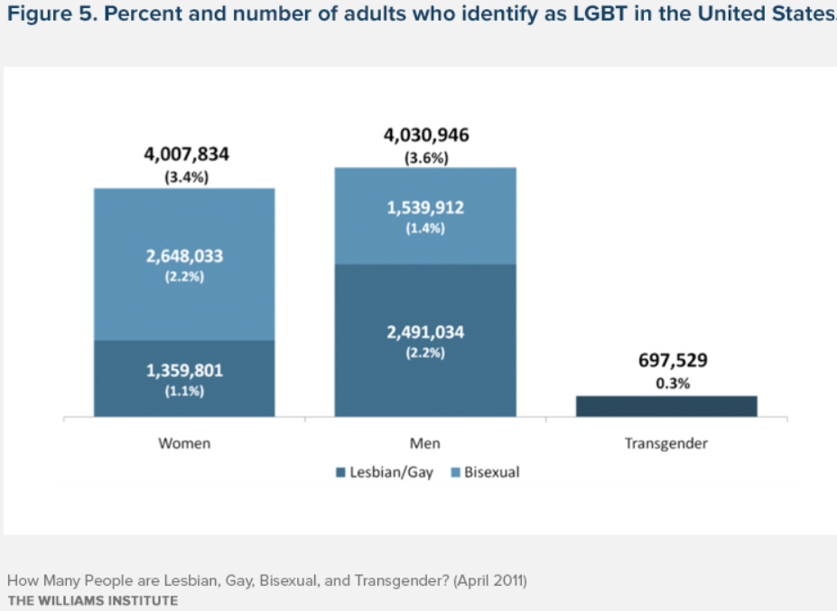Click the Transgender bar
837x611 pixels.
point(665,406)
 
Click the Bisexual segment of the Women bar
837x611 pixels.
point(184,298)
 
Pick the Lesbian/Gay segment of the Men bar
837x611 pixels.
point(425,379)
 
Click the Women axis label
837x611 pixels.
point(184,444)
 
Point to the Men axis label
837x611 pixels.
point(425,444)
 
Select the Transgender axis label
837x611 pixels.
point(666,444)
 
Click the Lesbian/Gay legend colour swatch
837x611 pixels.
point(340,472)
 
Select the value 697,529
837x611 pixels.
point(668,361)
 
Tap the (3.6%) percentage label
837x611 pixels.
point(426,158)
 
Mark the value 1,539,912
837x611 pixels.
point(425,208)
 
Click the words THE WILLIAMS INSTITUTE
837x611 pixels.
point(92,600)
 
